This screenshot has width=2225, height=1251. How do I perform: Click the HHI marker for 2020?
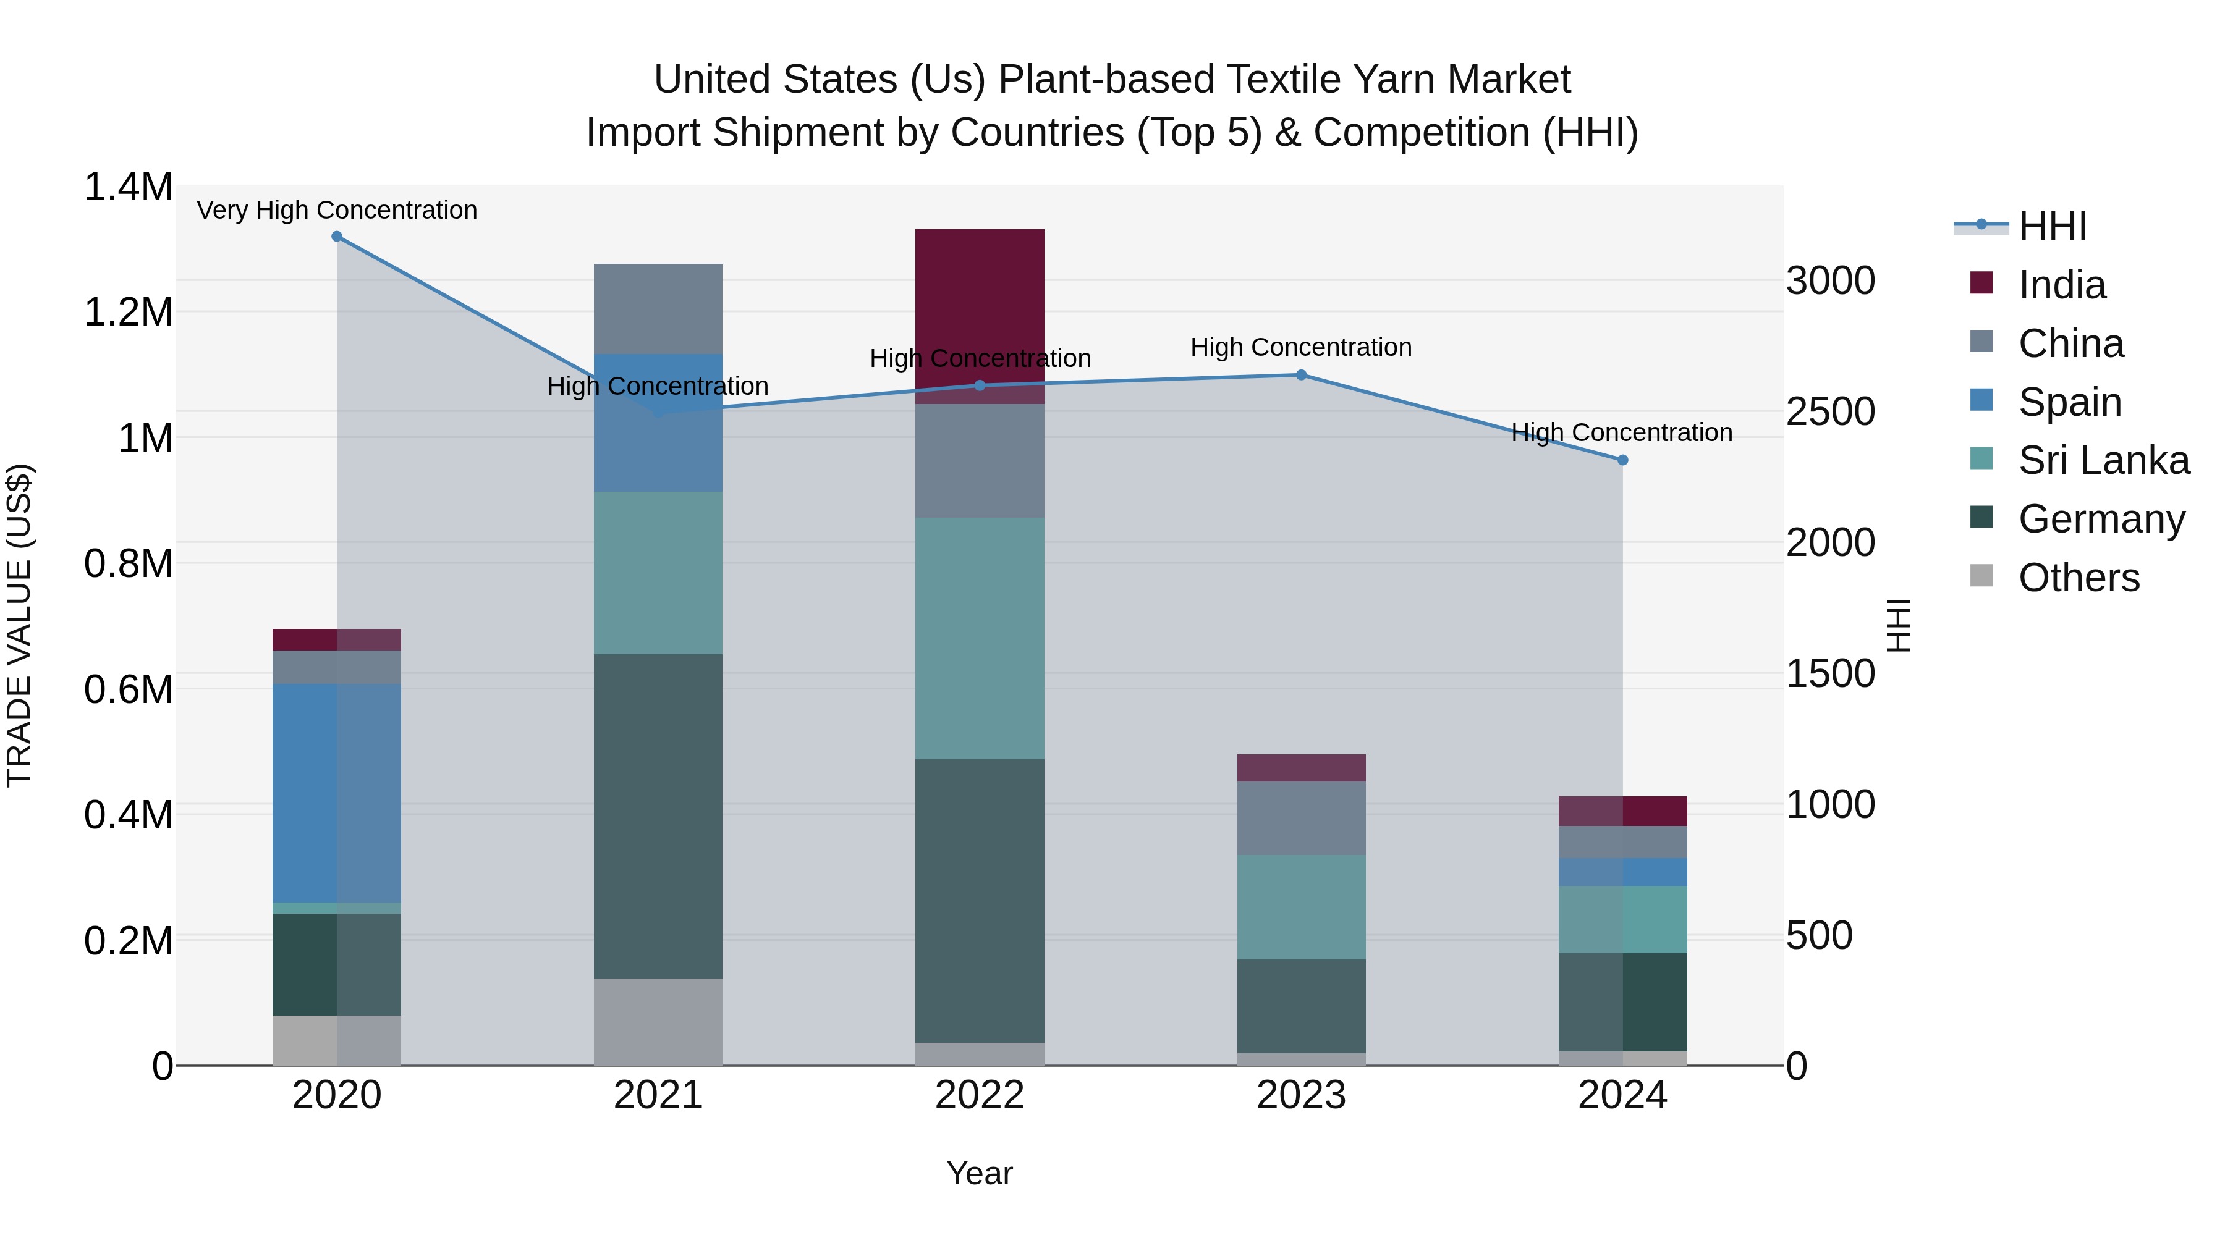(337, 237)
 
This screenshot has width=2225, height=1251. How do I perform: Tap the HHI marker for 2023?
(1301, 375)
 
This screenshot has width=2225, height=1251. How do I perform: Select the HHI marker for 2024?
(1622, 460)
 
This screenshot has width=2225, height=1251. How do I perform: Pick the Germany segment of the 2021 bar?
(658, 816)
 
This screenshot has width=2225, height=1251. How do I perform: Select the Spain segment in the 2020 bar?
(337, 793)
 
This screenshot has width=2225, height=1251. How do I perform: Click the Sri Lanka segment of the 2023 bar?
(1301, 906)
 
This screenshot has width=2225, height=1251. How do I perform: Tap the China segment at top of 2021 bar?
(658, 308)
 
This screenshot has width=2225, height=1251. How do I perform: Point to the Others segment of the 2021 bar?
(658, 1021)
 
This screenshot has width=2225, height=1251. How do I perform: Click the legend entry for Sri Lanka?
(2103, 460)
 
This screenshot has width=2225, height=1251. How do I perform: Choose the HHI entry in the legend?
(2051, 226)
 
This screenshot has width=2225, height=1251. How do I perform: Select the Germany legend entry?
(2101, 519)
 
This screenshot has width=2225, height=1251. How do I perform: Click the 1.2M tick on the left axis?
(129, 312)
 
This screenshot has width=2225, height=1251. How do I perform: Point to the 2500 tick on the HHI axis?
(1830, 412)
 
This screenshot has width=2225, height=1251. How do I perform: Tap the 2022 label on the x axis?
(980, 1095)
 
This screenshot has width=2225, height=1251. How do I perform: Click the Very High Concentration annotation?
(337, 210)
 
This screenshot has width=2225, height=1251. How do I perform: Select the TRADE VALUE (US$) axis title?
(19, 625)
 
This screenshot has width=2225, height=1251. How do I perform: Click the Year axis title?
(980, 1173)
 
